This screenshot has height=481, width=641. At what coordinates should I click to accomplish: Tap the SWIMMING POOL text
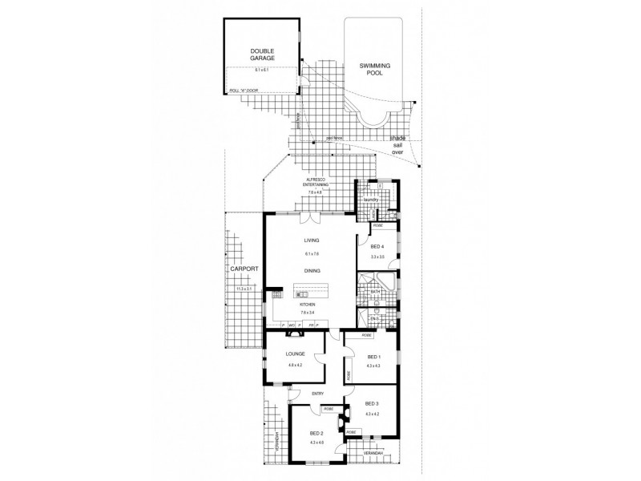[x=370, y=68]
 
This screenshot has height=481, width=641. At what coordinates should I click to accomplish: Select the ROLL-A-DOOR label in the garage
[x=244, y=91]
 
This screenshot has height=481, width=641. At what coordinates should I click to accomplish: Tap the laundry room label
[x=369, y=200]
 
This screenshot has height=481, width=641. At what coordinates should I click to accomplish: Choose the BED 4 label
[x=377, y=246]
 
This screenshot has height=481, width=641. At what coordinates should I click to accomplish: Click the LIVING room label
[x=311, y=240]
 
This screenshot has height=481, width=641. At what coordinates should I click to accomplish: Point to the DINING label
[x=312, y=271]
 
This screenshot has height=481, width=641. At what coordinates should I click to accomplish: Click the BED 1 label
[x=373, y=356]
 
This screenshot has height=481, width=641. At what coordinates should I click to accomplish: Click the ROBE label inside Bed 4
[x=376, y=226]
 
